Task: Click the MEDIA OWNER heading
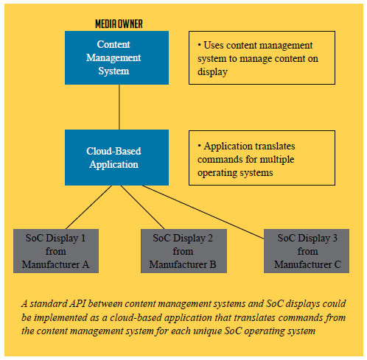pos(119,24)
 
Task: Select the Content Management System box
pos(116,57)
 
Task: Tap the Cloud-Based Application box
pos(116,158)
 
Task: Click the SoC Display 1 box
pos(56,251)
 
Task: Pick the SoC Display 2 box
pos(183,251)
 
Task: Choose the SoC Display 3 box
pos(307,251)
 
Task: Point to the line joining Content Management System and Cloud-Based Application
pos(119,107)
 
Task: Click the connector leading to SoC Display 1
pos(89,207)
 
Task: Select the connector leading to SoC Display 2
pos(142,207)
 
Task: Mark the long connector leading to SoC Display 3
pos(203,212)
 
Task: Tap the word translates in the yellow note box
pos(274,147)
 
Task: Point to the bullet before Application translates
pos(199,145)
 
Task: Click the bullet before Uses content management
pos(199,45)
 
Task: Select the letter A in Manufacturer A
pos(85,264)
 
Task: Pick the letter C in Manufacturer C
pos(338,264)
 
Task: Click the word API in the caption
pos(77,304)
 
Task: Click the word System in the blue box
pos(113,71)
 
